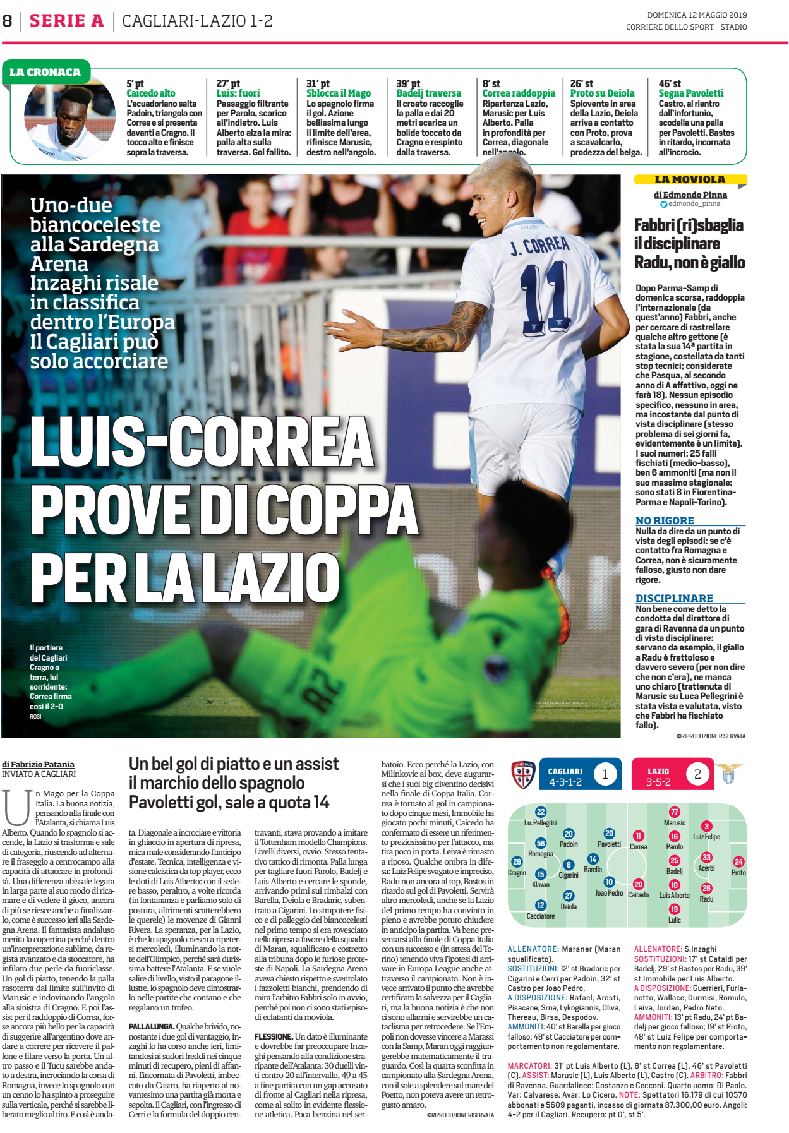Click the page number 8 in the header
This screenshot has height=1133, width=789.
tap(8, 21)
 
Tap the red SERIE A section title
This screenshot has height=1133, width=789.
tap(66, 21)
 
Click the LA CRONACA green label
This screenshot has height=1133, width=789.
tap(45, 72)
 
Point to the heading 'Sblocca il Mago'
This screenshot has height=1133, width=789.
tap(339, 93)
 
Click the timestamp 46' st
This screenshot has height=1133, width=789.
tap(670, 83)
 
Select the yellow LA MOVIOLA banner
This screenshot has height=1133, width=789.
tap(690, 180)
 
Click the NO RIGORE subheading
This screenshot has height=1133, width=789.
tap(665, 520)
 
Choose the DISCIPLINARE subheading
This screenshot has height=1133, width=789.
tap(674, 598)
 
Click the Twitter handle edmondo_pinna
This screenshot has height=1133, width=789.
tap(694, 204)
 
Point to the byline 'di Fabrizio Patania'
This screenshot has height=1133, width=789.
tap(38, 764)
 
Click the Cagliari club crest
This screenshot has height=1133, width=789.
tap(523, 774)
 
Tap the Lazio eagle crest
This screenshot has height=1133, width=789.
tap(728, 774)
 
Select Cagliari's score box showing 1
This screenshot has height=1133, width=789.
tap(605, 774)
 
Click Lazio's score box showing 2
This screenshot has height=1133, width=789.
tap(697, 774)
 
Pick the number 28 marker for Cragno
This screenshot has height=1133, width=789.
tap(517, 861)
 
